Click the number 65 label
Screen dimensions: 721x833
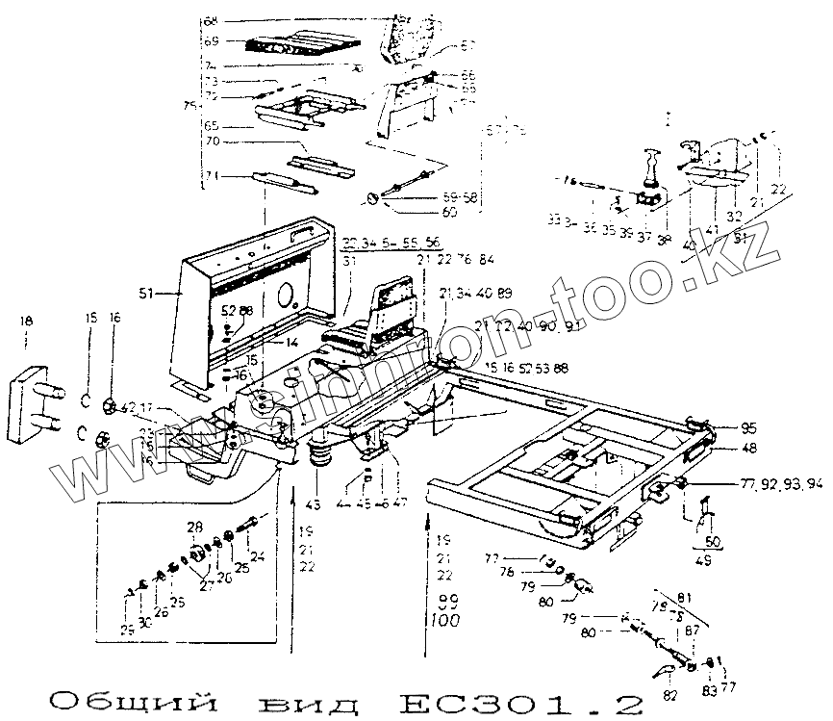pyautogui.click(x=212, y=126)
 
